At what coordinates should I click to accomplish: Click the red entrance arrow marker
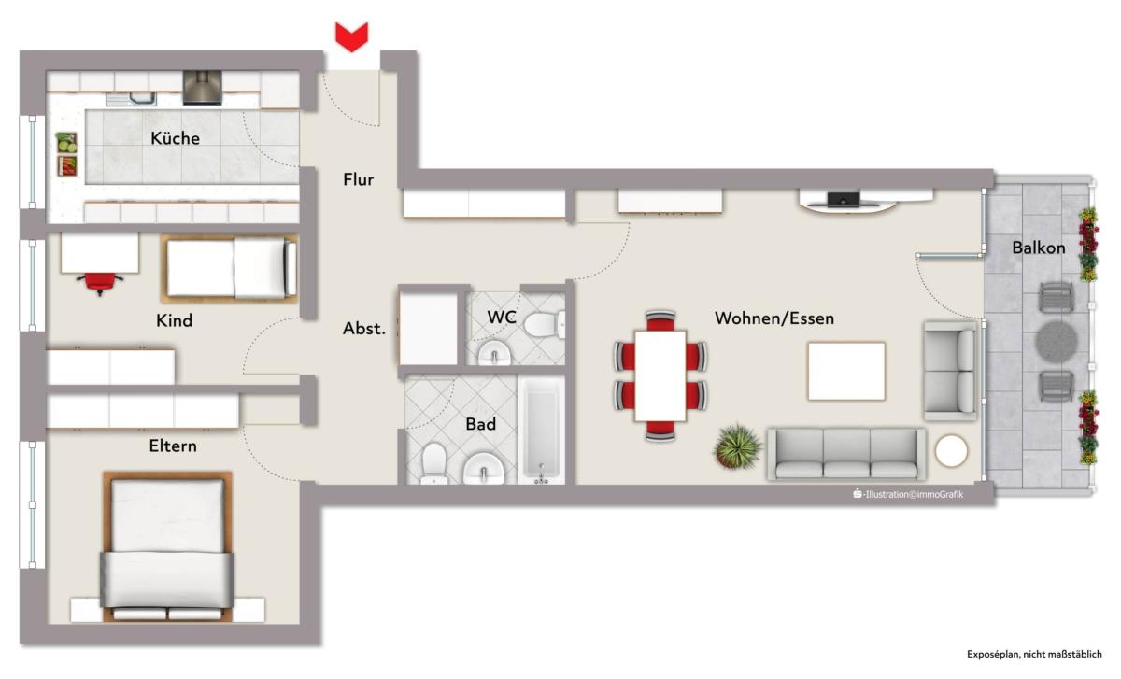pyautogui.click(x=351, y=37)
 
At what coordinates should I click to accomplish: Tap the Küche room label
pyautogui.click(x=176, y=138)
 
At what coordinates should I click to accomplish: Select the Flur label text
pyautogui.click(x=359, y=179)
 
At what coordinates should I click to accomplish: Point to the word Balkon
pyautogui.click(x=1039, y=248)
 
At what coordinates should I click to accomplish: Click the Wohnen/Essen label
pyautogui.click(x=774, y=318)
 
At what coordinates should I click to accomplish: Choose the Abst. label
pyautogui.click(x=363, y=329)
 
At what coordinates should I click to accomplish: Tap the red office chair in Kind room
pyautogui.click(x=100, y=283)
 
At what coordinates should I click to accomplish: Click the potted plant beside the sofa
pyautogui.click(x=737, y=446)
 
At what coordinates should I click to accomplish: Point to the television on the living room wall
pyautogui.click(x=844, y=200)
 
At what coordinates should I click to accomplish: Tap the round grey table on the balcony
pyautogui.click(x=1056, y=342)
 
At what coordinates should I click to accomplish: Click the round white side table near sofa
pyautogui.click(x=951, y=451)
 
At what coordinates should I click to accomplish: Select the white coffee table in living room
pyautogui.click(x=846, y=372)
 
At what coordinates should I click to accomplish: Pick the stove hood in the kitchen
pyautogui.click(x=202, y=88)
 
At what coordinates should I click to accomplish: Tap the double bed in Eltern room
pyautogui.click(x=167, y=547)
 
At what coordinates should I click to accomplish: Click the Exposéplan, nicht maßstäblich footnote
pyautogui.click(x=1034, y=655)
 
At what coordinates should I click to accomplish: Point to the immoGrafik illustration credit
pyautogui.click(x=908, y=494)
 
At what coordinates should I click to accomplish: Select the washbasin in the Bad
pyautogui.click(x=484, y=469)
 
